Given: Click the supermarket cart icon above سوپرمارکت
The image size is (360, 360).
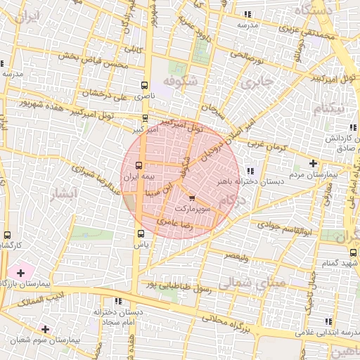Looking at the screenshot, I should click(x=193, y=199).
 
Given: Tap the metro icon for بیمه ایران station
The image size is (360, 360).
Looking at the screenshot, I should click(x=137, y=166).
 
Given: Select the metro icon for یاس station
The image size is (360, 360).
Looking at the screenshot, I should click(x=140, y=233).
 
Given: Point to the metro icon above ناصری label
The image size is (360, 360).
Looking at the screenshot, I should click(x=145, y=82).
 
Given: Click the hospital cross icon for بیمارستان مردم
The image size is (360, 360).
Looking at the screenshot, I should click(x=313, y=163).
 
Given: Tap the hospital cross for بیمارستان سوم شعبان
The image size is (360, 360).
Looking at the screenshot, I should click(x=45, y=328).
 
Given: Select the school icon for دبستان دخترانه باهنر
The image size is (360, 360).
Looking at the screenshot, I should click(x=251, y=171).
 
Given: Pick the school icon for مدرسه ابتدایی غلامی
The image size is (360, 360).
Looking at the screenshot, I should click(x=328, y=321).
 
